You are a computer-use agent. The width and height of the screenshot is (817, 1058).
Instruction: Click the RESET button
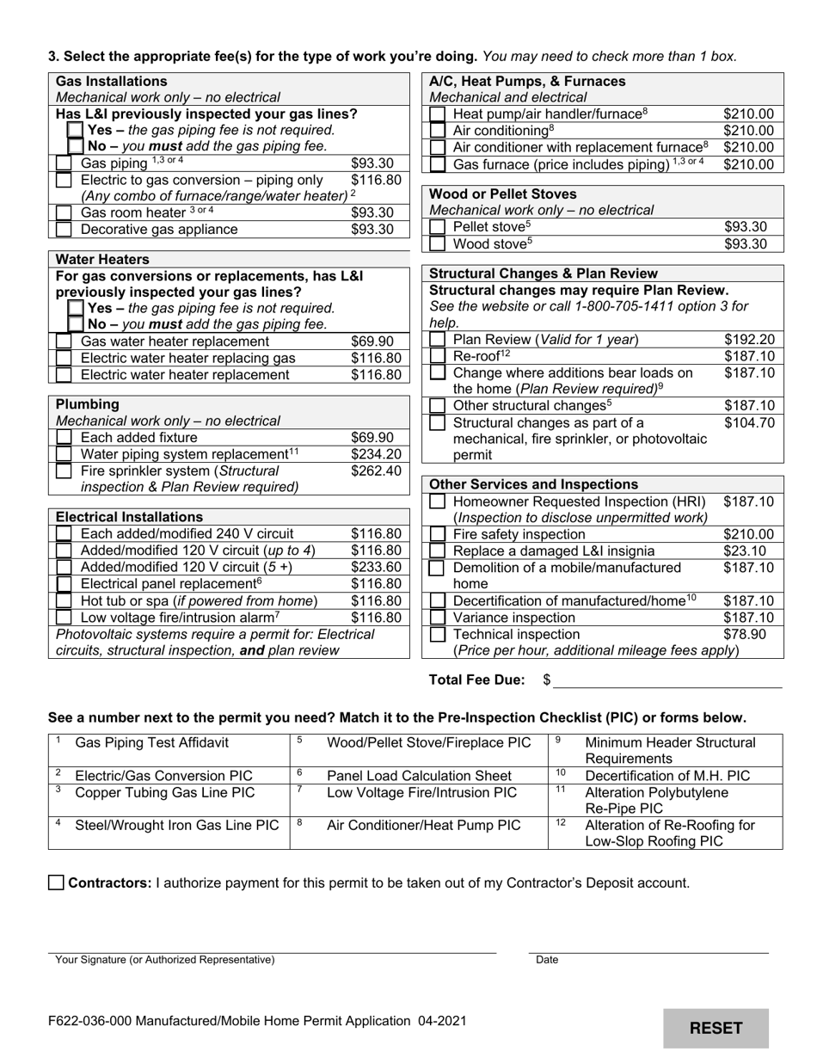point(716,1028)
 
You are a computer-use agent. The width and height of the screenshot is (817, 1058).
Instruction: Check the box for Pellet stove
point(438,227)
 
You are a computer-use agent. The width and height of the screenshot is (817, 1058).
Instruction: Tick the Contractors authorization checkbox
point(57,883)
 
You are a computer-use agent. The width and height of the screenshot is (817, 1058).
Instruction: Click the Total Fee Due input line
point(667,680)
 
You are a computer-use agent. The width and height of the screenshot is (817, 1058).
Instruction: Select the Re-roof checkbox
point(438,356)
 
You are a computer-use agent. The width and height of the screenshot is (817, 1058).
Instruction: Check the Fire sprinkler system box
point(64,471)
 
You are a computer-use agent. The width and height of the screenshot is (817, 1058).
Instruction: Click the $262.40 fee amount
point(376,471)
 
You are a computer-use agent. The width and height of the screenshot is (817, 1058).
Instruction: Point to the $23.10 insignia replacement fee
point(745,551)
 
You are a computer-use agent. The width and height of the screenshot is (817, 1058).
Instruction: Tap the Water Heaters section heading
point(102,259)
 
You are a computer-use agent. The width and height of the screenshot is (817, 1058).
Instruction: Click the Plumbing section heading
point(88,404)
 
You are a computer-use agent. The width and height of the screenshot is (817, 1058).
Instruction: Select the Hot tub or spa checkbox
point(64,601)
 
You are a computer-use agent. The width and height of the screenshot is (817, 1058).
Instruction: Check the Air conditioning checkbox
point(438,131)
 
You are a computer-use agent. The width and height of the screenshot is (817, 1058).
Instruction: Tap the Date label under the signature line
point(547,960)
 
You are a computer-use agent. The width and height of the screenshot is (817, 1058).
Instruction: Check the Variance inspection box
point(438,618)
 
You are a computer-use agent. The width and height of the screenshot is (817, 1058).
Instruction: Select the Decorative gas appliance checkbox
point(64,230)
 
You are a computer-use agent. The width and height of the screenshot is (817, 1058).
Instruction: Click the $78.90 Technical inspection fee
point(745,635)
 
